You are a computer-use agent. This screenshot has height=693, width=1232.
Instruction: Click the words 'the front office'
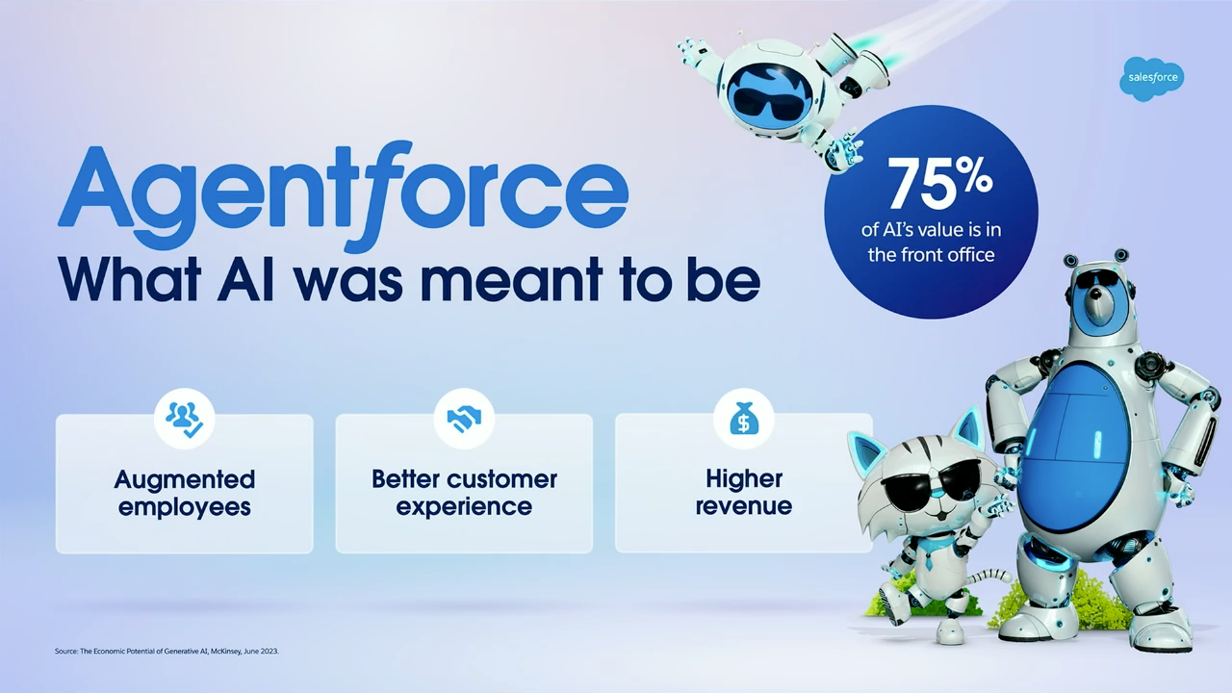tap(931, 255)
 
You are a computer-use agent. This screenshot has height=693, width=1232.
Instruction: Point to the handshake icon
tap(464, 419)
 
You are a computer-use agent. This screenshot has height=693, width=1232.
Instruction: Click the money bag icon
tap(744, 419)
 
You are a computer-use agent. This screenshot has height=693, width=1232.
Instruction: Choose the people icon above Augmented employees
tap(184, 419)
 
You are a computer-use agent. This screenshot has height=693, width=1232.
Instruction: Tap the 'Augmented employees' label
tap(184, 492)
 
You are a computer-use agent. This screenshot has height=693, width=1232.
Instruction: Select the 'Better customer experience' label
tap(464, 492)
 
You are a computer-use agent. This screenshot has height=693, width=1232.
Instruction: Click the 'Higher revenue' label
tap(744, 492)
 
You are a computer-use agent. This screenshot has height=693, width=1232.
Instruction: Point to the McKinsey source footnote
tap(167, 652)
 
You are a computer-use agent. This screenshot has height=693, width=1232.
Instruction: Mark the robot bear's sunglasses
tap(1097, 280)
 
